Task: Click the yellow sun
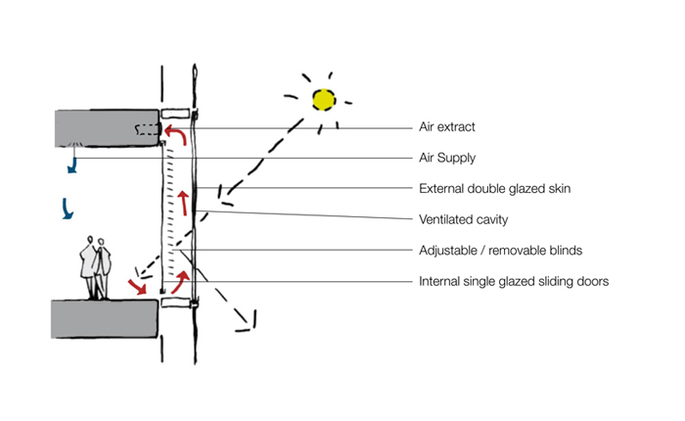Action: click(322, 98)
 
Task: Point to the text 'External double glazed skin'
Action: click(494, 188)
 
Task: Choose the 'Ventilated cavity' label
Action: click(463, 218)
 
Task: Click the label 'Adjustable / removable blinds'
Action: click(500, 250)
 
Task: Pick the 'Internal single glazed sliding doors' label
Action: click(514, 281)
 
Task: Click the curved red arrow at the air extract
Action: click(175, 134)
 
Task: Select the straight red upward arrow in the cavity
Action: click(182, 204)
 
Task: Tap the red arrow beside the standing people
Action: click(138, 285)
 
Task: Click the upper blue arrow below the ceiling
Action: click(71, 166)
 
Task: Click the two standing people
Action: click(96, 267)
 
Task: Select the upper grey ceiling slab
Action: click(106, 128)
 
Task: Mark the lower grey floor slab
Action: click(103, 319)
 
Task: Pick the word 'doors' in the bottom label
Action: click(592, 281)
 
